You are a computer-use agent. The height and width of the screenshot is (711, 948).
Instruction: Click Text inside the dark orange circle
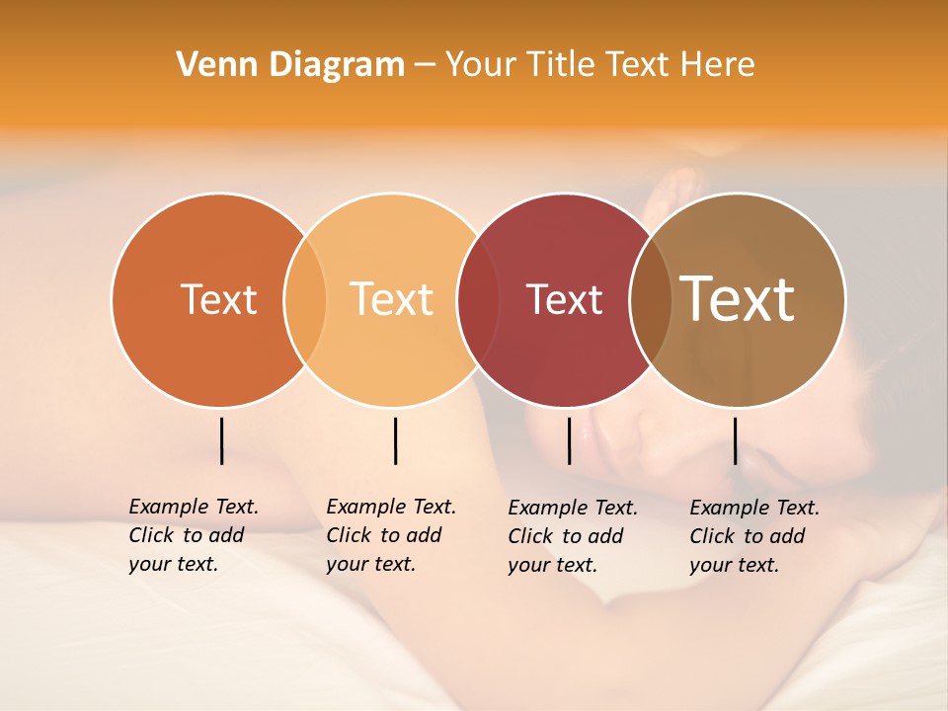click(x=218, y=299)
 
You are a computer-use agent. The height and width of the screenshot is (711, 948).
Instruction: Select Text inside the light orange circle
click(x=392, y=299)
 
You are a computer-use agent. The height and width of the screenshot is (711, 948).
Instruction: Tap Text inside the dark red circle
click(x=564, y=299)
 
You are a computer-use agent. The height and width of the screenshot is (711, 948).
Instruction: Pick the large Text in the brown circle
click(x=738, y=299)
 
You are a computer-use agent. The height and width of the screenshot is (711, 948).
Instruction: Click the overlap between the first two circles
click(x=305, y=299)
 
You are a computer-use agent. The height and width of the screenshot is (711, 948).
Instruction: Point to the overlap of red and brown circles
click(x=651, y=299)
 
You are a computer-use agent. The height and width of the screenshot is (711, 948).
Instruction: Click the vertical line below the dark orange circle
click(x=221, y=440)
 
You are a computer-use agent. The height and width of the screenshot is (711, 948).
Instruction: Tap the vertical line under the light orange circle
click(x=395, y=440)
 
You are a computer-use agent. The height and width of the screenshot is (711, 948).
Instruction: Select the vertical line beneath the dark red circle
click(x=569, y=440)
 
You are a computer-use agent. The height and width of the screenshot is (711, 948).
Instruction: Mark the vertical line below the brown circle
click(x=735, y=440)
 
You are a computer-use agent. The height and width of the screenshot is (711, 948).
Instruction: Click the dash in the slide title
click(x=425, y=66)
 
